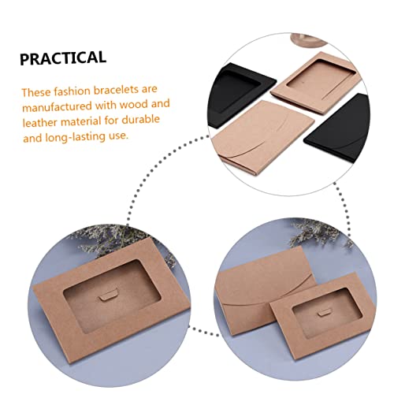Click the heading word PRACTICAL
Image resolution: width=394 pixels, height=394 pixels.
(62, 57)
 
